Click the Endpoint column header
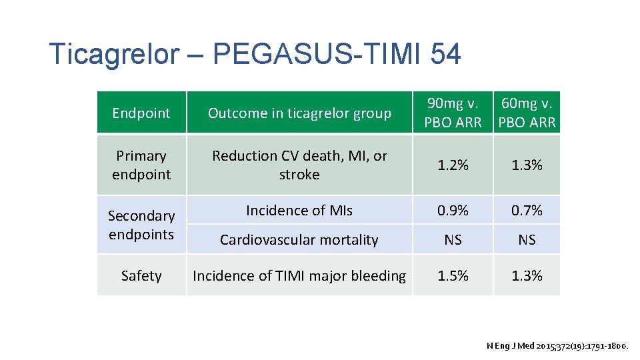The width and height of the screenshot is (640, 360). point(141,113)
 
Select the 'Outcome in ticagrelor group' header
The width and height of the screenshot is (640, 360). point(299,113)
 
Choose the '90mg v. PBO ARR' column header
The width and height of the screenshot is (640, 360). point(453,113)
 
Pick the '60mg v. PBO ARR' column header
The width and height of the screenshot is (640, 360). point(527,113)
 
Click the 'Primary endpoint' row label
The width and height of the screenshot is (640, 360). point(141,165)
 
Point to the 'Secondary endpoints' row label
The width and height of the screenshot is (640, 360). point(141,225)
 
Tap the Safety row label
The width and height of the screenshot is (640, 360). point(141,276)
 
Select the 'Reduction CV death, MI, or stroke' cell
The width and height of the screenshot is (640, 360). point(299,165)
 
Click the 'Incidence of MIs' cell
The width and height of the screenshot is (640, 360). point(299,211)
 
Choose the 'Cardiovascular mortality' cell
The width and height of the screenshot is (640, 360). point(299,240)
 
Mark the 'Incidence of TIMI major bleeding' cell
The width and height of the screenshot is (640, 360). point(299,276)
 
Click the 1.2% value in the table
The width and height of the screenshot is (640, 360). point(453,165)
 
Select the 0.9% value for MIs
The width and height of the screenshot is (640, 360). point(453,211)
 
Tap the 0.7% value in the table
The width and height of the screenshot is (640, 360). point(527,211)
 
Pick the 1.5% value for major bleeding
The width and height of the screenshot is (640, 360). point(453,276)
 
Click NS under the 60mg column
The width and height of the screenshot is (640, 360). point(527,240)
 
